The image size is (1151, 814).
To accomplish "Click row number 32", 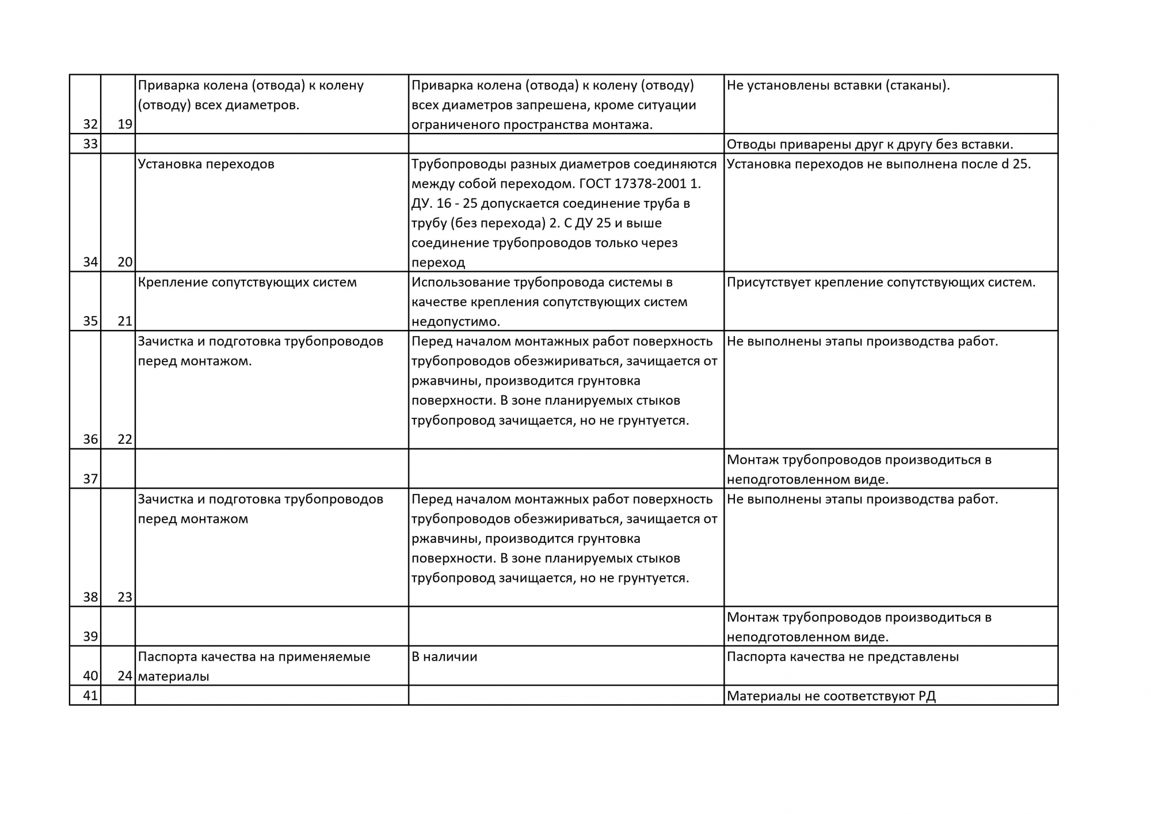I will (x=90, y=124).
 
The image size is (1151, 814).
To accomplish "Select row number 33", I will (x=90, y=144).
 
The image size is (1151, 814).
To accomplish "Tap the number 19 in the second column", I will (x=125, y=124).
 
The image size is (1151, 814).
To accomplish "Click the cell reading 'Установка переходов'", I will (x=206, y=164).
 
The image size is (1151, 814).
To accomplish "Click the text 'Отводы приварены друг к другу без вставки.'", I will (x=870, y=144).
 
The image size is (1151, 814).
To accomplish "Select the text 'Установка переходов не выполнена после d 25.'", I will (x=878, y=164).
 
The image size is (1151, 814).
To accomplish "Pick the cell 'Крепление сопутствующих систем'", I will (x=247, y=282).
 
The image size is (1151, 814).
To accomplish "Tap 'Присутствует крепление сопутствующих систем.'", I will (x=881, y=282).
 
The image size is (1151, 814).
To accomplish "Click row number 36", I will (x=90, y=439).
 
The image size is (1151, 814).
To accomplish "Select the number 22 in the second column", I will (x=125, y=439).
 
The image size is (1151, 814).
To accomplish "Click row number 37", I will (x=90, y=479).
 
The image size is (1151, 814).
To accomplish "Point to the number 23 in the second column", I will (x=125, y=597).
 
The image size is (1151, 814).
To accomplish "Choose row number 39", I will (x=90, y=637).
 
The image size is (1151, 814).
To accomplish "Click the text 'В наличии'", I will (x=444, y=657).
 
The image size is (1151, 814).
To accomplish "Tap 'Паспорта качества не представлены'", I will (x=843, y=657).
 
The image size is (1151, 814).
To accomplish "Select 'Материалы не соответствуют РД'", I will (x=831, y=696).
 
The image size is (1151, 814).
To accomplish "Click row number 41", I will (x=90, y=695).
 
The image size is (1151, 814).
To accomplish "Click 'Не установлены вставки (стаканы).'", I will (x=838, y=85).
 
